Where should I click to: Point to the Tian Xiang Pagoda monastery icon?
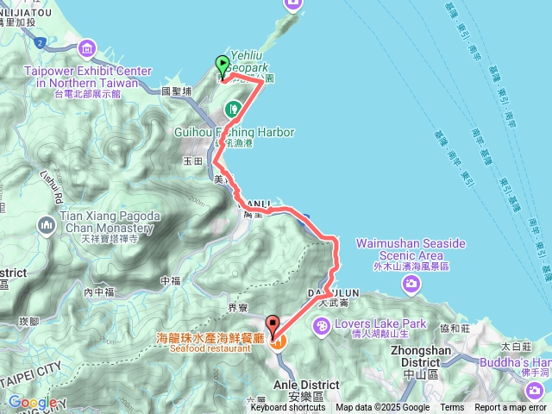[x=45, y=226]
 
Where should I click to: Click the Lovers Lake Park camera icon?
[x=322, y=326]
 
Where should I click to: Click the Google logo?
[x=33, y=402]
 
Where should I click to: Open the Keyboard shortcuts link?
[x=288, y=408]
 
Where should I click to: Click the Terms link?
[x=452, y=408]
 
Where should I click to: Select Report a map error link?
[x=511, y=408]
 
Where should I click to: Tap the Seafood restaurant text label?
[x=216, y=348]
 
